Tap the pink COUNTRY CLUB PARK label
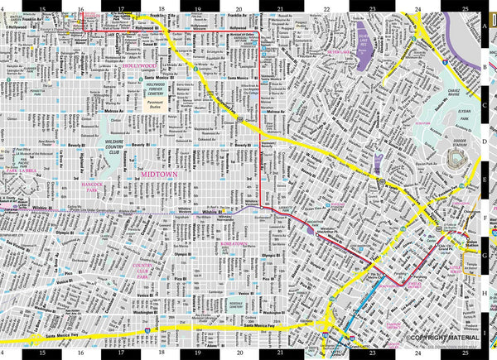pos(122,266)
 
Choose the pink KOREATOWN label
pos(227,244)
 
